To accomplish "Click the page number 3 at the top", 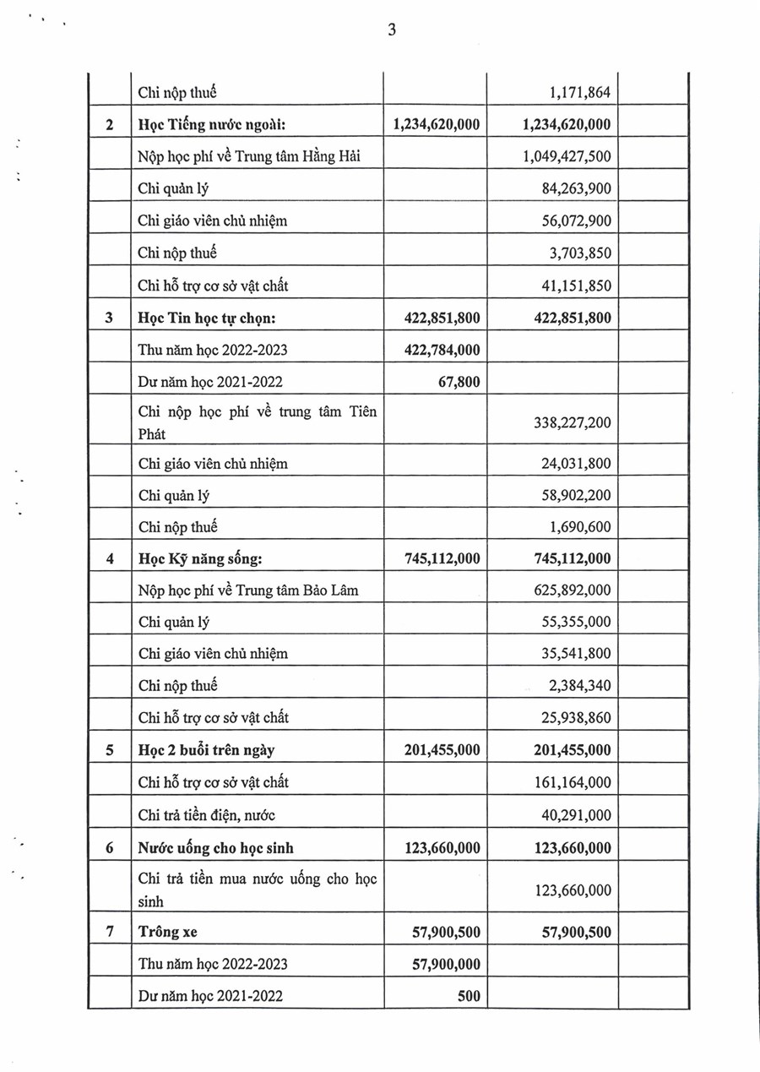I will pyautogui.click(x=392, y=30).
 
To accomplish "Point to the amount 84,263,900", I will pyautogui.click(x=575, y=188).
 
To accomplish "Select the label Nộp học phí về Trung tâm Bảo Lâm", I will pyautogui.click(x=248, y=590).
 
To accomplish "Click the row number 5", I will pyautogui.click(x=109, y=750).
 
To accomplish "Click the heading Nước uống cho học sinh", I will pyautogui.click(x=216, y=848).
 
